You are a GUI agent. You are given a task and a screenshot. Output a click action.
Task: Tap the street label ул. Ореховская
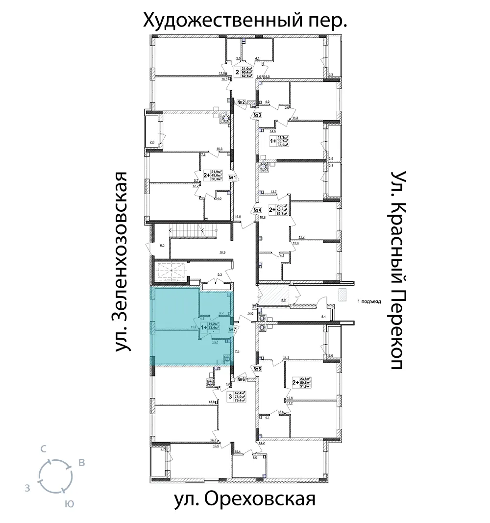[244, 500]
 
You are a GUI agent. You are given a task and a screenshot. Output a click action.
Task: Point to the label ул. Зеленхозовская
[124, 262]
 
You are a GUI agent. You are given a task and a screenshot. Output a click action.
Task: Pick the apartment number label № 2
[241, 102]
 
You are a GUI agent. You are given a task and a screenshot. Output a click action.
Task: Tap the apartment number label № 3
[258, 116]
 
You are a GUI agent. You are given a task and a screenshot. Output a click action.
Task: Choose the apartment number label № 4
[257, 211]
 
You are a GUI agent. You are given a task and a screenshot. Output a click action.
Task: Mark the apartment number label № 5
[257, 369]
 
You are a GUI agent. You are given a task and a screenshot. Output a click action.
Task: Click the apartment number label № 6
[241, 379]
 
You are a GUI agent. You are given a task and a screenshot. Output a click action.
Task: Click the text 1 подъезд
[369, 302]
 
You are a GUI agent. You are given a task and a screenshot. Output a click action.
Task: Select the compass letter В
[82, 462]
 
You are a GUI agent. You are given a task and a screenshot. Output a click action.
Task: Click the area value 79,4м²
[240, 400]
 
